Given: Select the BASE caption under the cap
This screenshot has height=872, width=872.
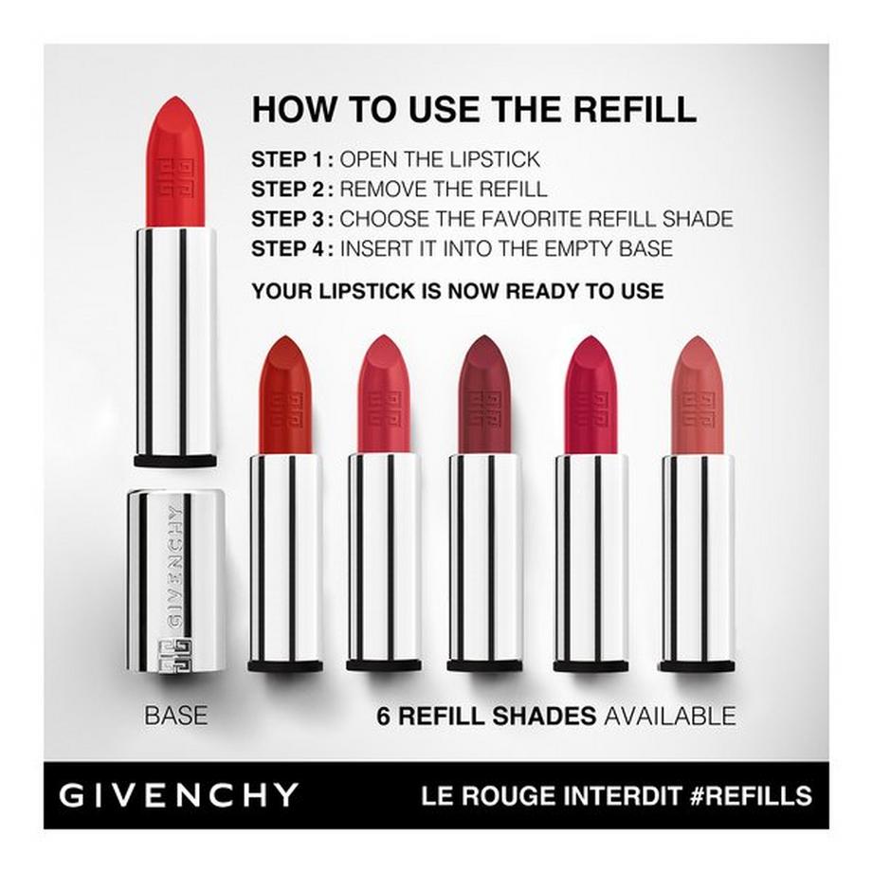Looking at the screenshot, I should tap(175, 715).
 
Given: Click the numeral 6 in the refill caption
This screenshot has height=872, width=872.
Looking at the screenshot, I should tap(383, 715).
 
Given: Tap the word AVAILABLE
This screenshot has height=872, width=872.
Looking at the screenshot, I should tap(669, 715).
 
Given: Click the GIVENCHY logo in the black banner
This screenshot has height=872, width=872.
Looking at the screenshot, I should tap(179, 794).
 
